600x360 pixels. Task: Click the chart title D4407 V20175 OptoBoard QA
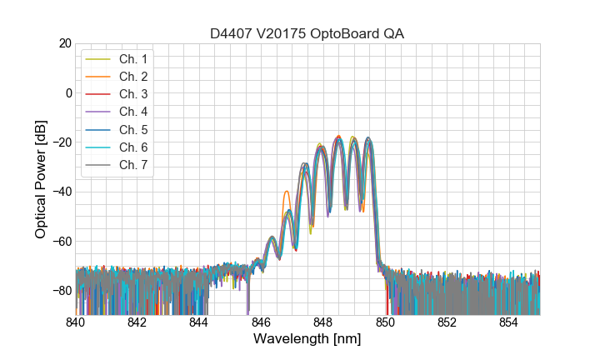pos(307,33)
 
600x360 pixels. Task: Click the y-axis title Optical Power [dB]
pos(41,179)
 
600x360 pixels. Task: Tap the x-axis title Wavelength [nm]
pos(307,340)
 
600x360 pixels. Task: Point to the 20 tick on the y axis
pos(64,43)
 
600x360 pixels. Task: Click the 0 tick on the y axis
pos(67,92)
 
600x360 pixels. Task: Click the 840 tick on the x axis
pos(76,322)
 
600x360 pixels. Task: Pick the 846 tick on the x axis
pos(262,322)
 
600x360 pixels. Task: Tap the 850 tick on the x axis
pos(386,322)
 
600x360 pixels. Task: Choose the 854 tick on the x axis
pos(509,322)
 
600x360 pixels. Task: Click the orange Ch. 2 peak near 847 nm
pos(287,192)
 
